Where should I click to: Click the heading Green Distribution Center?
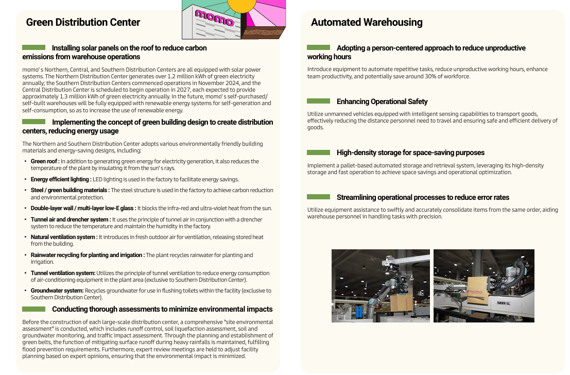pyautogui.click(x=83, y=23)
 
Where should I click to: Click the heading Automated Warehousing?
pyautogui.click(x=367, y=23)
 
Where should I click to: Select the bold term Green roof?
pyautogui.click(x=45, y=161)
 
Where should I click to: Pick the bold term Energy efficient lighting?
pyautogui.click(x=61, y=179)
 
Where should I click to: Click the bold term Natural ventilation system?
pyautogui.click(x=64, y=237)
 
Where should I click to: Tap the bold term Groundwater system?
pyautogui.click(x=57, y=291)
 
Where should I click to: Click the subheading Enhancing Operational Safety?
pyautogui.click(x=382, y=101)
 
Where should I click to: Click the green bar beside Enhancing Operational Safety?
pyautogui.click(x=318, y=101)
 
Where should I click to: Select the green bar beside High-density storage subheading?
pyautogui.click(x=318, y=152)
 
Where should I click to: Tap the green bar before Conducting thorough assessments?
pyautogui.click(x=34, y=309)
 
